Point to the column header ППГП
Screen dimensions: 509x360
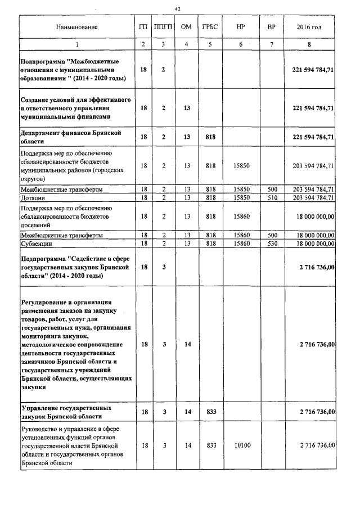[x=163, y=27]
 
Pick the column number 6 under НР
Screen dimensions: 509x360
[x=240, y=44]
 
